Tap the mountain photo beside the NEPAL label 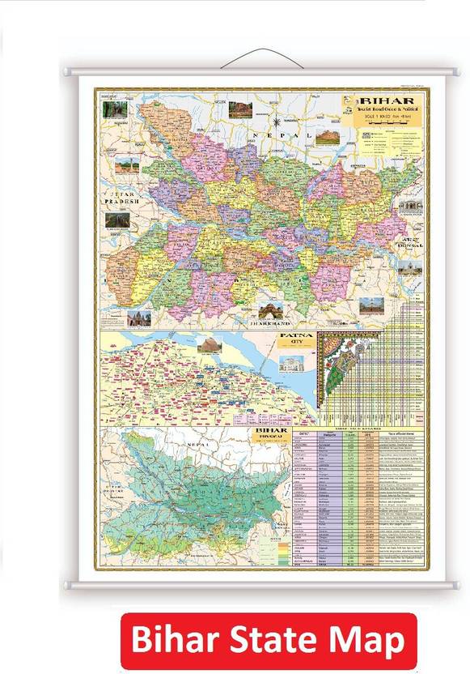click(327, 137)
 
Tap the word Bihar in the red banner click(171, 641)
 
